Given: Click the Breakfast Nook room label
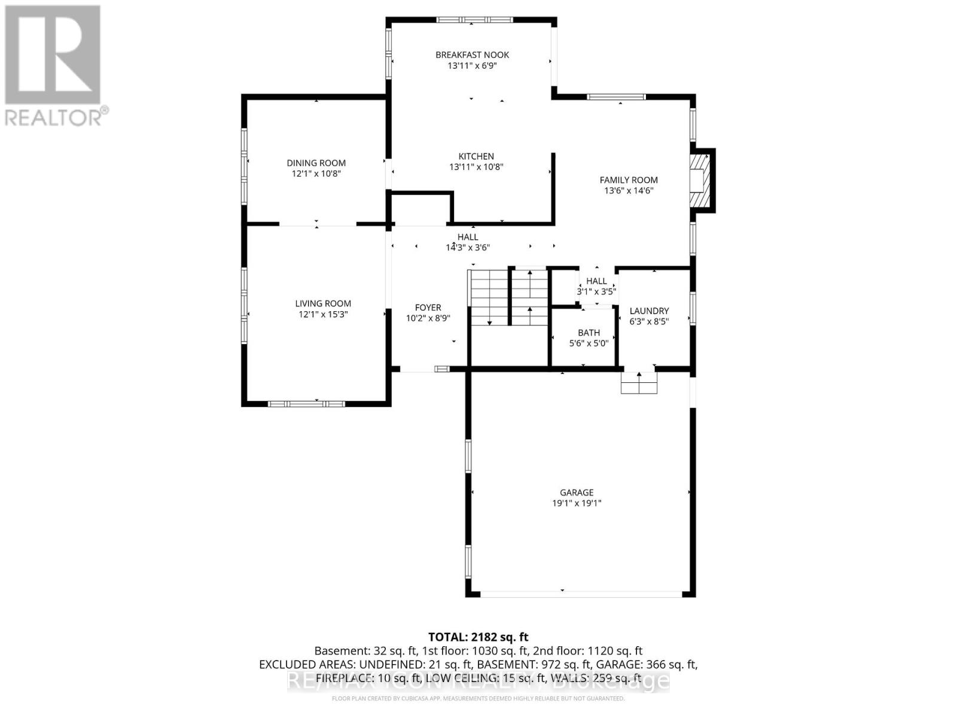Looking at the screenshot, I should click(x=472, y=55).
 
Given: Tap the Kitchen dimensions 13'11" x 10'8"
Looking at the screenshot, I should click(x=476, y=167).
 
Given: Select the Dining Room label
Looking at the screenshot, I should click(x=316, y=163).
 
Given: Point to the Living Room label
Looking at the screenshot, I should click(x=323, y=303).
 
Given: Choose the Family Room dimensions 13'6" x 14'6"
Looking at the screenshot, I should click(x=629, y=191).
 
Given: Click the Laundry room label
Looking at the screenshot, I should click(x=649, y=311).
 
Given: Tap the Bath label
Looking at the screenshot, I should click(x=589, y=333).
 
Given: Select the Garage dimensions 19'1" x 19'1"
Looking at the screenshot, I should click(x=577, y=503).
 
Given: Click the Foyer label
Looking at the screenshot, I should click(x=428, y=308).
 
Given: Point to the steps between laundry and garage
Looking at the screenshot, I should click(x=639, y=382).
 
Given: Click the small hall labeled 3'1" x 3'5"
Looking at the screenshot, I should click(x=596, y=287).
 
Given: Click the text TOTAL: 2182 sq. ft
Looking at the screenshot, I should click(x=478, y=637).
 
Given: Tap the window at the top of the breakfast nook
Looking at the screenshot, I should click(x=474, y=20).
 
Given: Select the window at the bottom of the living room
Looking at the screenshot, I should click(x=306, y=404).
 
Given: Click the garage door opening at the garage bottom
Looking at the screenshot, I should click(x=580, y=594).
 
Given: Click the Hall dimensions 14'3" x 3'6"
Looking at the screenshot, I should click(x=468, y=247).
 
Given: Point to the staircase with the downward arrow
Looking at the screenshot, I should click(x=489, y=298).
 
